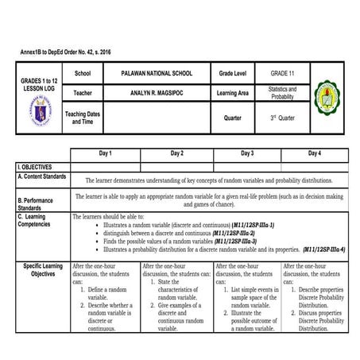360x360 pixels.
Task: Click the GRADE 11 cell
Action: [281, 73]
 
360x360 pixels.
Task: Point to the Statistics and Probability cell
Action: [282, 94]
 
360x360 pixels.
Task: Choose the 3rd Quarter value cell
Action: [282, 118]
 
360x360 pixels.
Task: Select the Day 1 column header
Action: [105, 153]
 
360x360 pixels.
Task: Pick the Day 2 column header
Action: [176, 153]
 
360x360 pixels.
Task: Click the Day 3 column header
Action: [246, 153]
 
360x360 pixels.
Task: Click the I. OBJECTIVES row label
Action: [35, 167]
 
